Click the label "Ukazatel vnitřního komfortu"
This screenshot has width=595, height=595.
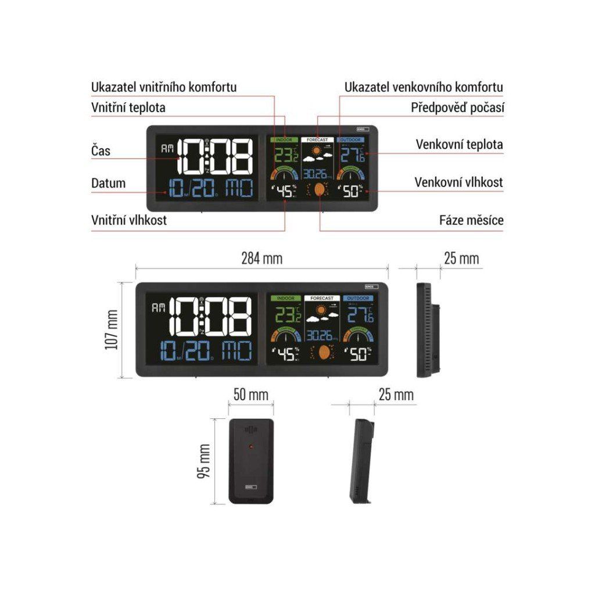click(164, 87)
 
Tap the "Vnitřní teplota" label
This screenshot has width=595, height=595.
click(128, 107)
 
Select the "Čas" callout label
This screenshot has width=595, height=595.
click(101, 151)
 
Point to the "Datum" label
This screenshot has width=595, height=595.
click(108, 183)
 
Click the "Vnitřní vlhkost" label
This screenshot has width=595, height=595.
click(129, 220)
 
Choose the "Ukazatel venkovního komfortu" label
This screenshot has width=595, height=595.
click(424, 87)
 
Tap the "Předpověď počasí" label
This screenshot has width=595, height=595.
click(457, 107)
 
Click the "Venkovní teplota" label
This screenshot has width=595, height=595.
click(459, 144)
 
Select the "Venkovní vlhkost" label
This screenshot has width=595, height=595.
click(458, 182)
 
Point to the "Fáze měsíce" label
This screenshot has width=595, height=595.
click(471, 220)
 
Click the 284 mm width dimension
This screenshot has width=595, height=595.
click(262, 259)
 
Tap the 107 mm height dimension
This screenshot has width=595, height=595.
click(112, 329)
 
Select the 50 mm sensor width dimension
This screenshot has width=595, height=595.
click(250, 395)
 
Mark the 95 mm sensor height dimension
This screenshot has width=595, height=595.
click(203, 461)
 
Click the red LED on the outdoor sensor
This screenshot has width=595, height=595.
click(250, 447)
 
